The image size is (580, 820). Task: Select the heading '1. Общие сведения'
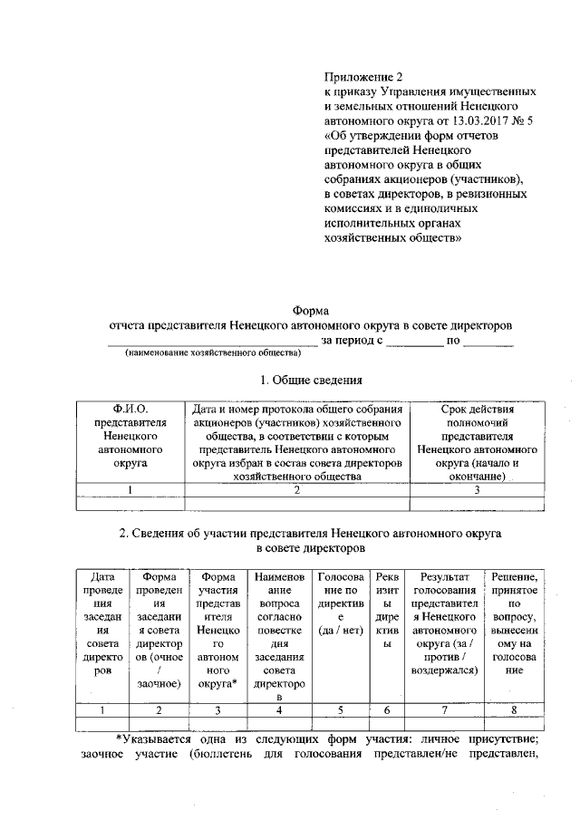[311, 380]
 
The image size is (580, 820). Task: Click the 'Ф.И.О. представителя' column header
[130, 435]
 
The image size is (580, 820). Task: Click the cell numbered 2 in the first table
[296, 490]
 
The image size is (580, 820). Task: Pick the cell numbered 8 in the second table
[515, 709]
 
